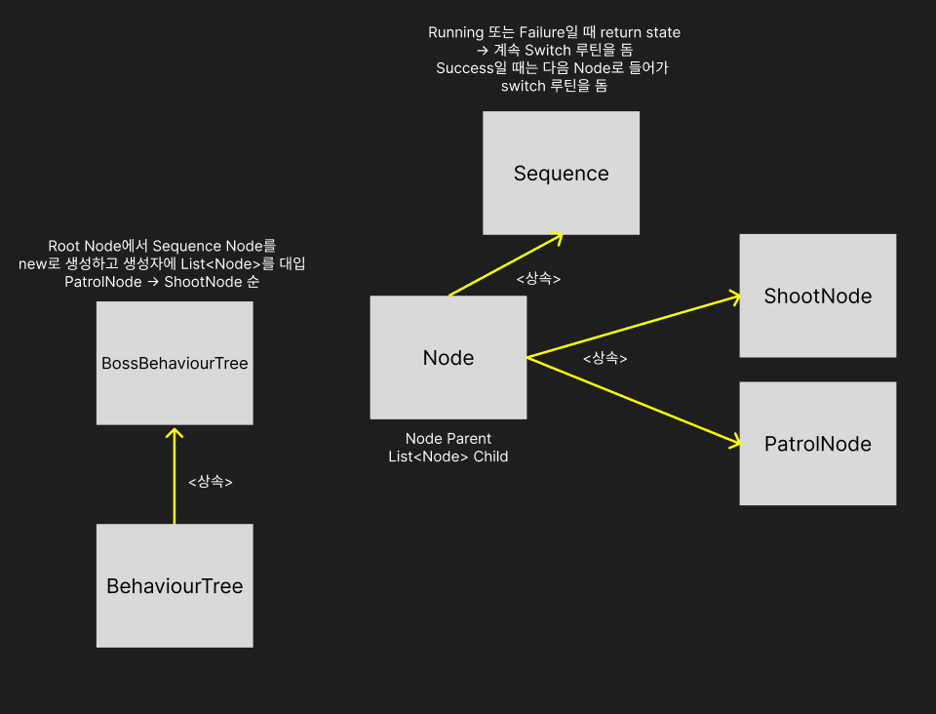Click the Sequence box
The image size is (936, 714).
pyautogui.click(x=561, y=173)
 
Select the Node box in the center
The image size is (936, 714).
pyautogui.click(x=448, y=357)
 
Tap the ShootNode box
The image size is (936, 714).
pyautogui.click(x=817, y=296)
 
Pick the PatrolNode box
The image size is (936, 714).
pyautogui.click(x=817, y=444)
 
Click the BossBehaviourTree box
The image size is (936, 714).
pyautogui.click(x=175, y=363)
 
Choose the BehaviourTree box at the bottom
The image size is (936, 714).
pyautogui.click(x=175, y=585)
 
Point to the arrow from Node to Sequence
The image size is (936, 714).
pyautogui.click(x=505, y=264)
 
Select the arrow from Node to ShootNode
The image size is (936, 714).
pyautogui.click(x=634, y=327)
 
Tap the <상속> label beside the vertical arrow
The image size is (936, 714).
pyautogui.click(x=210, y=482)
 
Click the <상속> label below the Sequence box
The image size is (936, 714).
pyautogui.click(x=538, y=279)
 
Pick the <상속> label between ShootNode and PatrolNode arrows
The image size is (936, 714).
pyautogui.click(x=604, y=358)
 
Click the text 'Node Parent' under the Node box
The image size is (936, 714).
pyautogui.click(x=448, y=439)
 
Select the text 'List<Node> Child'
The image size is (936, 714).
pyautogui.click(x=448, y=456)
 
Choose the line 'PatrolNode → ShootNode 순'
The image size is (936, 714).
pyautogui.click(x=162, y=282)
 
